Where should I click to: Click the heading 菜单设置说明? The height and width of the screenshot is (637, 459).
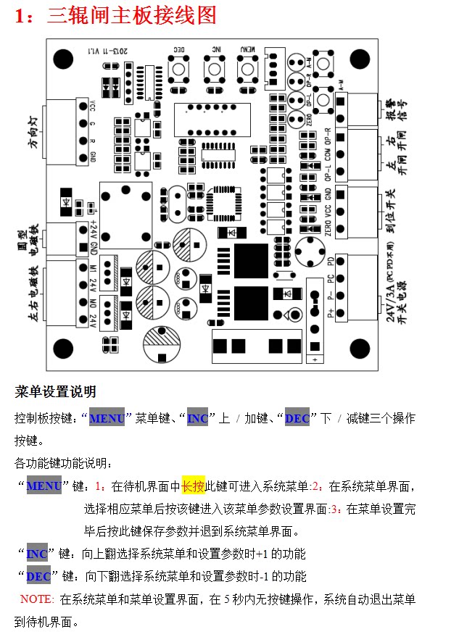click(x=55, y=392)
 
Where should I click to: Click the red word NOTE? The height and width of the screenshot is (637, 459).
click(x=37, y=599)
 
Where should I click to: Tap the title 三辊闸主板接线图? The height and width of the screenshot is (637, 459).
click(x=132, y=15)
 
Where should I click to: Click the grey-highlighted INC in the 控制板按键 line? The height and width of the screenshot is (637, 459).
click(x=197, y=419)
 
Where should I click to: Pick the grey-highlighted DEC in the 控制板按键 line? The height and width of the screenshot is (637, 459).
click(x=297, y=419)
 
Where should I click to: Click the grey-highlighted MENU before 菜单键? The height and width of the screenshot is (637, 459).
click(x=107, y=419)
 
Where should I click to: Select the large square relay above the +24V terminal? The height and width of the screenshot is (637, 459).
click(x=125, y=206)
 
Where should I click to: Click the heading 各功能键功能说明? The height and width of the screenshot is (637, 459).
click(x=63, y=463)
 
